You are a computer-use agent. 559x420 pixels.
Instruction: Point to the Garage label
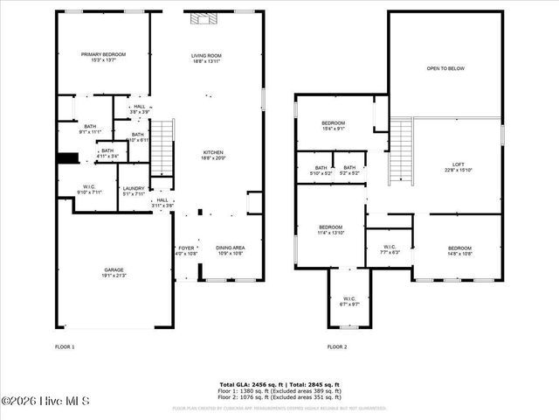(x=114, y=270)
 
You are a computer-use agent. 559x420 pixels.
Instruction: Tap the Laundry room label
(x=133, y=190)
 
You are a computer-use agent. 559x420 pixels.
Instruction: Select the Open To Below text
(x=445, y=68)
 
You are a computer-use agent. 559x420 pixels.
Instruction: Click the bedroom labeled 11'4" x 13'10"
(x=330, y=230)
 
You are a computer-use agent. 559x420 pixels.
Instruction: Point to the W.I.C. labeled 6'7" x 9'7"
(x=349, y=301)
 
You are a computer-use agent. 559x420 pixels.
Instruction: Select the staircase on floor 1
(x=163, y=150)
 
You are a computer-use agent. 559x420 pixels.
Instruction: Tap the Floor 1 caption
(x=65, y=347)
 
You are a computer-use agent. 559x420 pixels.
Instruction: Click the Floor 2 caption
(x=337, y=347)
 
